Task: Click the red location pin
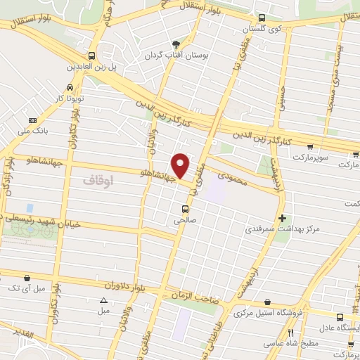pos(181,165)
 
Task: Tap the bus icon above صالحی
pos(186,209)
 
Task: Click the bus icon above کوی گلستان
pos(262,18)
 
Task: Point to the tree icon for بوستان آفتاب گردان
pos(186,44)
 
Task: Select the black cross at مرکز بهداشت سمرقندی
pos(283,218)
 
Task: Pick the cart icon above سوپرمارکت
pos(310,147)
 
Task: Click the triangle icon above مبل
pos(104,300)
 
